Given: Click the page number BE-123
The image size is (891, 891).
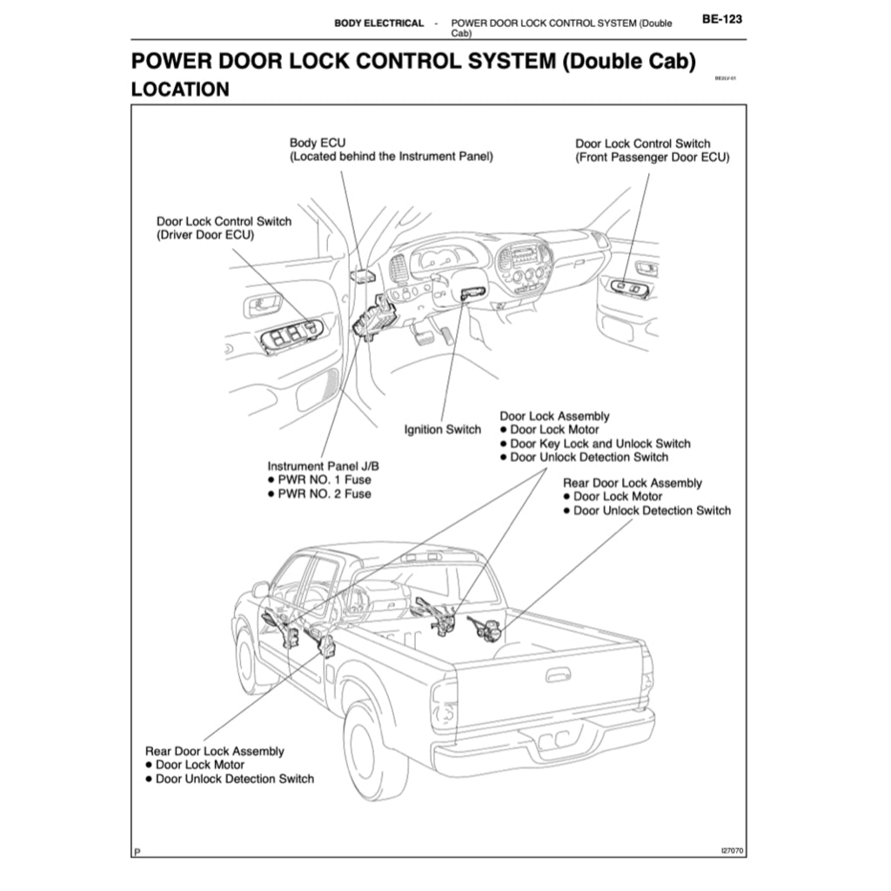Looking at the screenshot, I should pyautogui.click(x=721, y=19).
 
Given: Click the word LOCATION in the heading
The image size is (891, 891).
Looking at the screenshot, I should pyautogui.click(x=180, y=89).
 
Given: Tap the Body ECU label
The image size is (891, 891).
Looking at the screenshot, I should pyautogui.click(x=318, y=143).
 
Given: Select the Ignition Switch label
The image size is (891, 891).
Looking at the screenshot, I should pyautogui.click(x=443, y=430).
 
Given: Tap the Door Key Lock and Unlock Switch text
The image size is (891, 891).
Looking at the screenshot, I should pyautogui.click(x=600, y=444).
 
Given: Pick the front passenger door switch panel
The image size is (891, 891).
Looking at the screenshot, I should pyautogui.click(x=630, y=288).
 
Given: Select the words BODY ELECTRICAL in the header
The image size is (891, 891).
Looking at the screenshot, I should pyautogui.click(x=379, y=23).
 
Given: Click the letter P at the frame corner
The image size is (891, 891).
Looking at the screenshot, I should pyautogui.click(x=137, y=851).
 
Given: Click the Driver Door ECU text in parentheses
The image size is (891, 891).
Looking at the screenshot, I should pyautogui.click(x=205, y=235).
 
